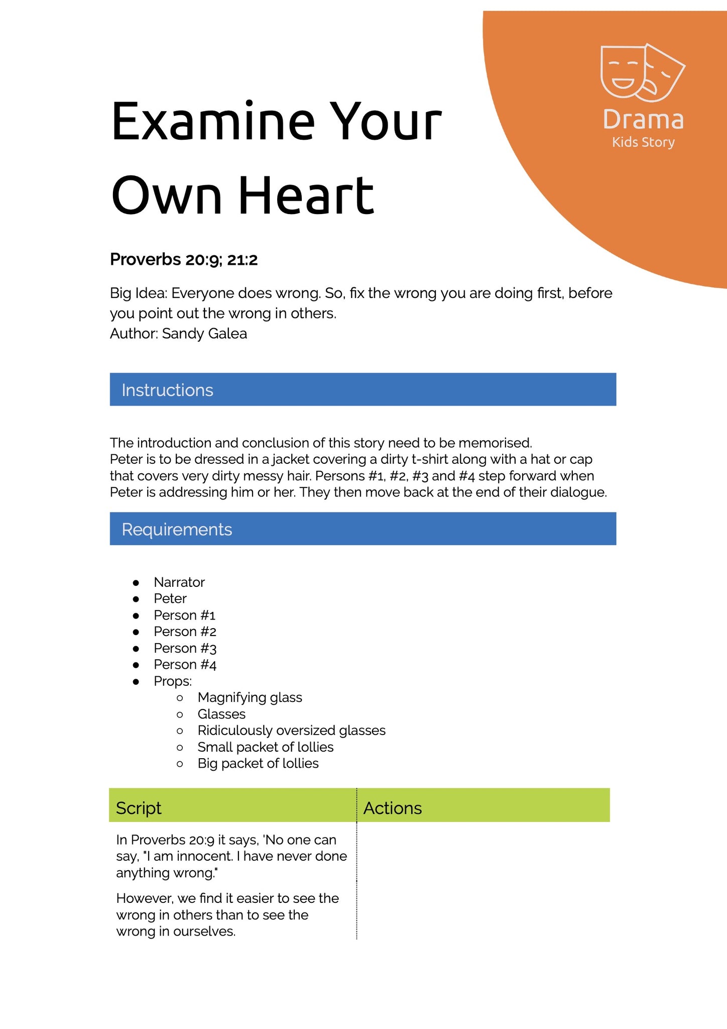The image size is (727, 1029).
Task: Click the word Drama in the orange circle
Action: point(643,120)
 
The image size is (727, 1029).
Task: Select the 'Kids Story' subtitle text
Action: point(643,142)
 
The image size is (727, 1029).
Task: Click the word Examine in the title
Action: point(213,122)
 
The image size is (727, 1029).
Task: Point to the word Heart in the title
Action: point(306,195)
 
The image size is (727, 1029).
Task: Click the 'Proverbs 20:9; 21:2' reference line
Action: point(184,260)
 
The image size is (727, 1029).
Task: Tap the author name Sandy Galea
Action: point(204,334)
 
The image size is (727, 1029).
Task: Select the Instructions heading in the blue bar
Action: point(167,390)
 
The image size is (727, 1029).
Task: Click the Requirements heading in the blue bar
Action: point(177,529)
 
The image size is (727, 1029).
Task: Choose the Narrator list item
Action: point(179,582)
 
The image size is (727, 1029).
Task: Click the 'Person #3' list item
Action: point(185,648)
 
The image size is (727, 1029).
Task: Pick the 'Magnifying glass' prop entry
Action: point(250,697)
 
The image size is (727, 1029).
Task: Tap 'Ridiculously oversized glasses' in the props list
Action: point(291,730)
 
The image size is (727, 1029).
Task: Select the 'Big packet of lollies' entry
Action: point(258,763)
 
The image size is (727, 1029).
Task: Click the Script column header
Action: point(139,808)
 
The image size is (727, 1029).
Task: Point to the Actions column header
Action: point(392,808)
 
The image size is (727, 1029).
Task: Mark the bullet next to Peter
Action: point(136,599)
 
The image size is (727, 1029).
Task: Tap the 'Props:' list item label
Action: point(173,681)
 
